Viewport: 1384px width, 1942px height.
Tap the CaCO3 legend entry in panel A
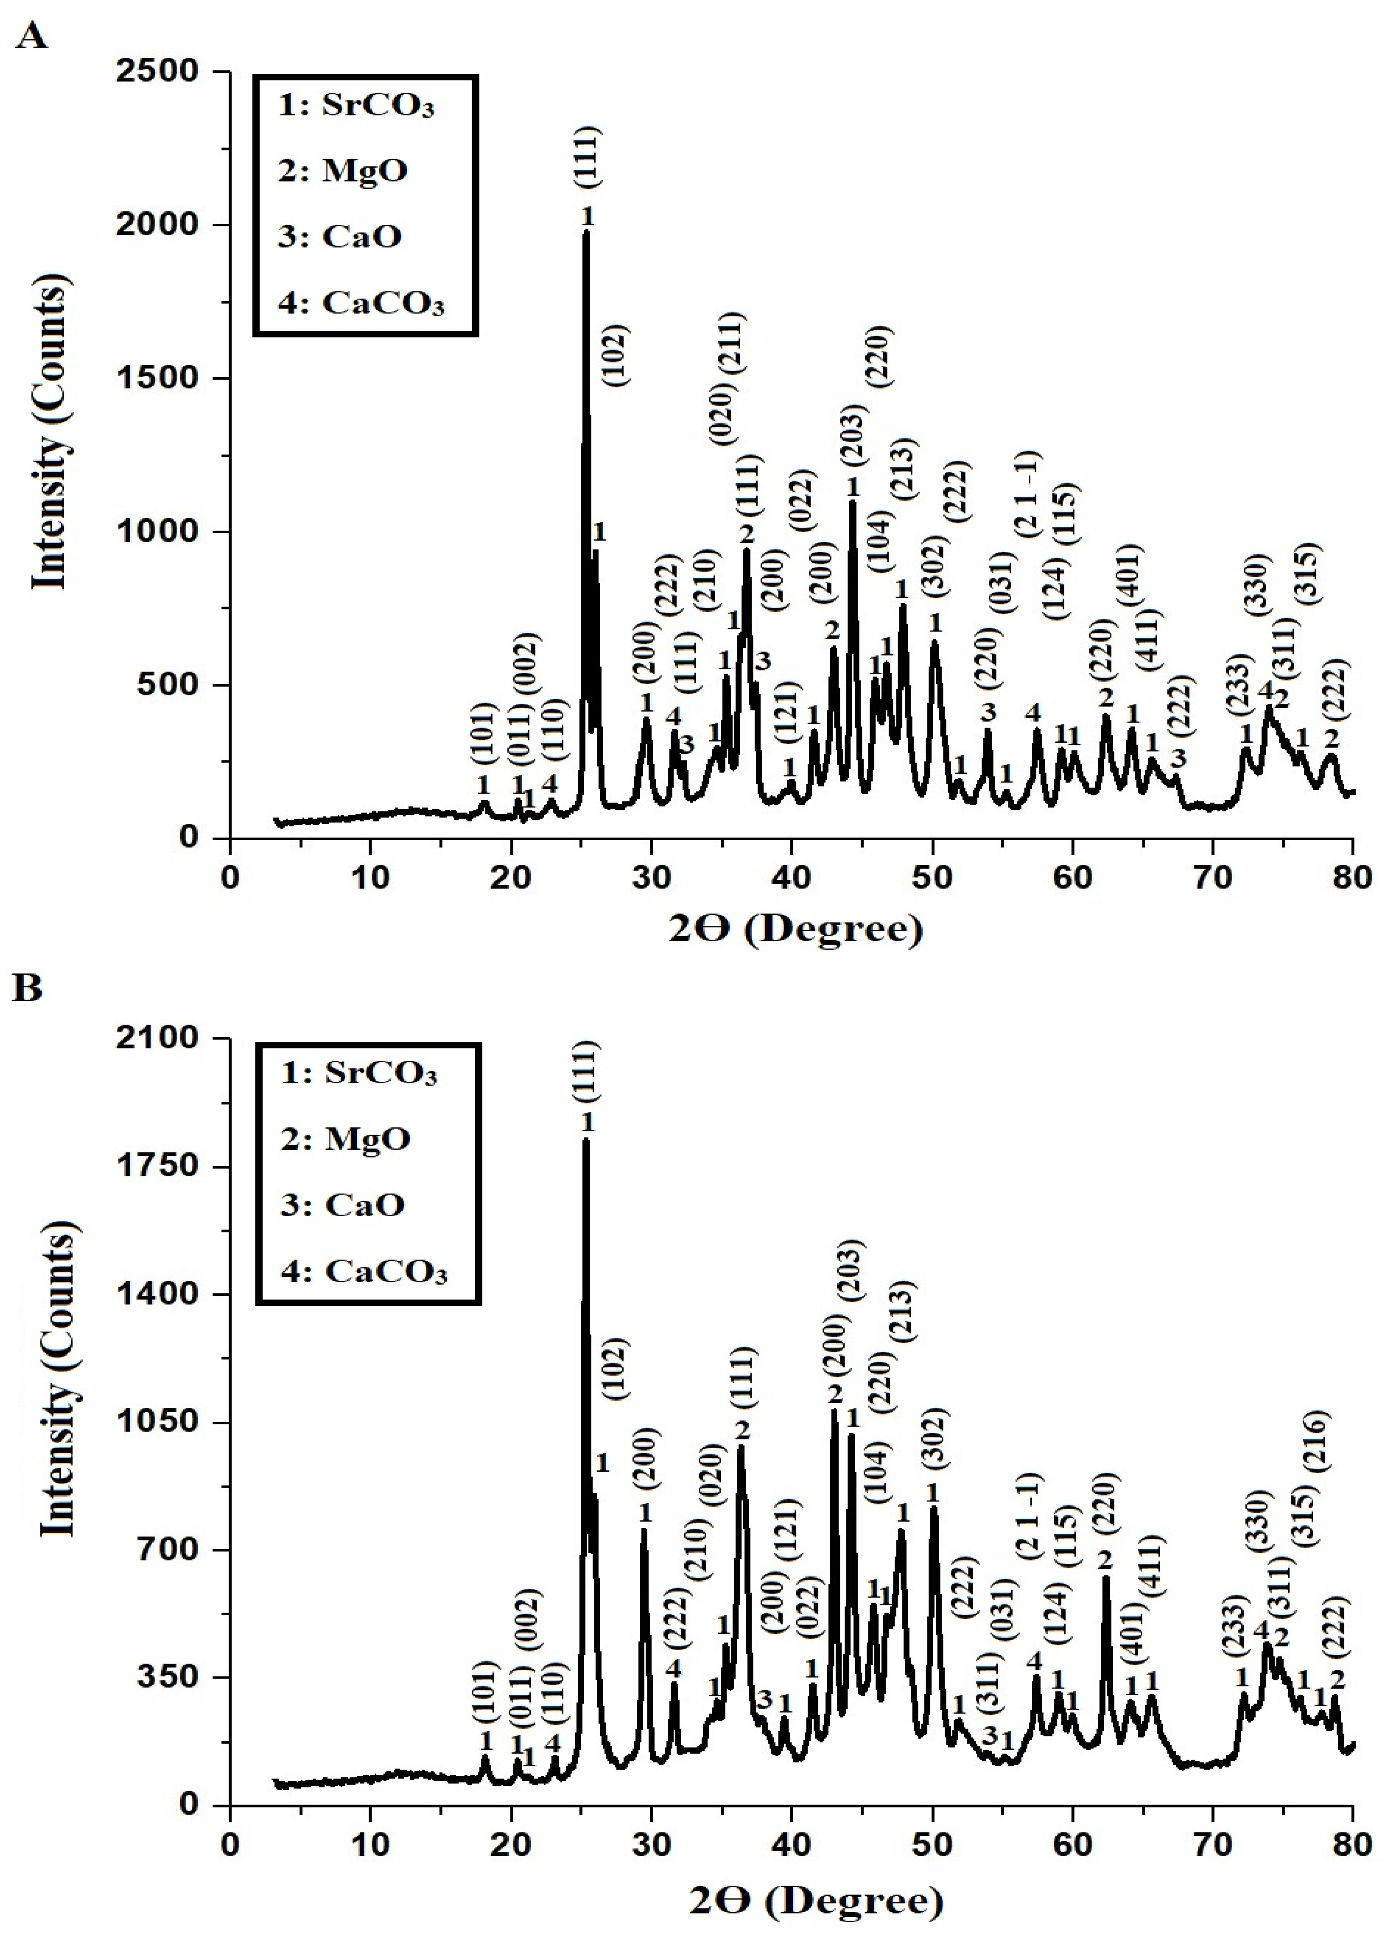click(361, 303)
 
